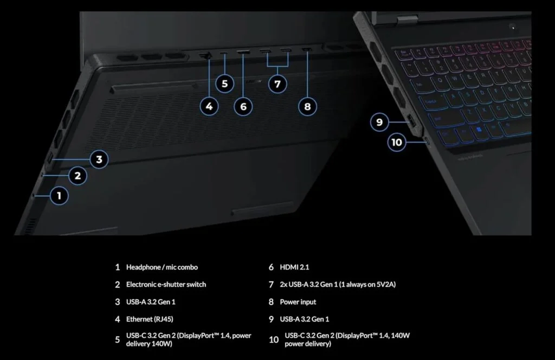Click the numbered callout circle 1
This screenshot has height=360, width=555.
59,195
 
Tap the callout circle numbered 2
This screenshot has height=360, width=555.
78,175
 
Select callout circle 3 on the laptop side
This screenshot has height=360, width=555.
99,159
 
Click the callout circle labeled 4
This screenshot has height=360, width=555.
209,106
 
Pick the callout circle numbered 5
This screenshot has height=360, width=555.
224,83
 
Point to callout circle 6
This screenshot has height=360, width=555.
243,106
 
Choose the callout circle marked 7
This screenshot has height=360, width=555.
277,83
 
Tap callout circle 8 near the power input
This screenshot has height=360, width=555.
307,106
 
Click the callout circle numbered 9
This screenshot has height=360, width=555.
379,122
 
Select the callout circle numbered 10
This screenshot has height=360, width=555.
397,142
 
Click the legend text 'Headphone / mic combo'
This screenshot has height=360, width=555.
162,267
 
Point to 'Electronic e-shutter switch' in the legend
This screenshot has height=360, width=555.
166,284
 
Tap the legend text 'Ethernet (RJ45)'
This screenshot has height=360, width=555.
150,319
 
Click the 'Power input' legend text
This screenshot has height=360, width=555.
298,301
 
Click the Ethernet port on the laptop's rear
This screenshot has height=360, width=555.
205,55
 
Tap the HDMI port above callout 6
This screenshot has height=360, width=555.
243,53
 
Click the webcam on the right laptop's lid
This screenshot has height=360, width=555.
512,27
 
